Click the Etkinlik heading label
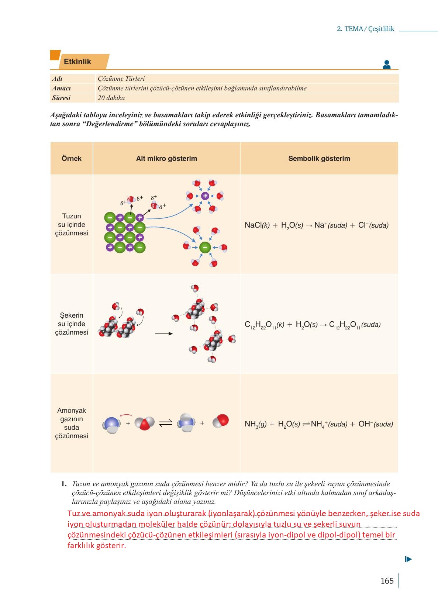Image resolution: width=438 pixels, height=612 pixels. point(77,62)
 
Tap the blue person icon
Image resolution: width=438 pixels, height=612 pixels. point(386,65)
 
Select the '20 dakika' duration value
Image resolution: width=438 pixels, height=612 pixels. point(111,98)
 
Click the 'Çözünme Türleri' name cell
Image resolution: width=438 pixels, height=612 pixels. point(121,79)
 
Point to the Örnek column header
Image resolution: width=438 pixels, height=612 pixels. point(72,159)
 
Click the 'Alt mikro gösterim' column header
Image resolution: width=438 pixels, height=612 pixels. point(166,159)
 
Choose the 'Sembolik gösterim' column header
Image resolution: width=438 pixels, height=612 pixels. point(319,159)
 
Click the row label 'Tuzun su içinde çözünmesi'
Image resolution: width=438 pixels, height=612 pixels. point(72,224)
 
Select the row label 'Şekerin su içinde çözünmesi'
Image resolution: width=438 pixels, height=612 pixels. point(72,324)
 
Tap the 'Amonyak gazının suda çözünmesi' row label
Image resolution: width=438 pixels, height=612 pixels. point(72,423)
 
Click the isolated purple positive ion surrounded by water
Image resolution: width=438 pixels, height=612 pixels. point(205,196)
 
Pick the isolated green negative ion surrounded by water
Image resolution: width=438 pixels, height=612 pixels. point(205,247)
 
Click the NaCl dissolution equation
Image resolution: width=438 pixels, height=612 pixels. point(317,225)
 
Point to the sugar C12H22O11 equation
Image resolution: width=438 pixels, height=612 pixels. point(313,325)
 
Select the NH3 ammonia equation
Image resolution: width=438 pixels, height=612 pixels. point(318,424)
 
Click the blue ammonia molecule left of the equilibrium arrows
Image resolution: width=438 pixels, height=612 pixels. point(111,425)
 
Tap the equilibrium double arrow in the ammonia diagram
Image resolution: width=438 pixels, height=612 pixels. point(166,423)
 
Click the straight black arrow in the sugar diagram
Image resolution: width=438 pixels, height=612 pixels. point(164,333)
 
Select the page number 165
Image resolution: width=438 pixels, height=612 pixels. point(387,581)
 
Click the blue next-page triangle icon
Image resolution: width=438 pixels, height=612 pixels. point(408,559)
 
